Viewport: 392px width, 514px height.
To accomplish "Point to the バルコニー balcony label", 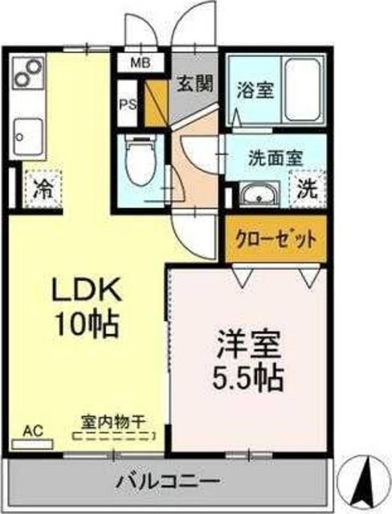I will click(x=167, y=482).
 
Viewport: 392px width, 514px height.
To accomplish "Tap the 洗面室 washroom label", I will click(x=274, y=157).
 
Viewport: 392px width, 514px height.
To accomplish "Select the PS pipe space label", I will click(x=127, y=104).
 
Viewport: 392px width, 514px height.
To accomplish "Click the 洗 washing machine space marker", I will click(x=308, y=190).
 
